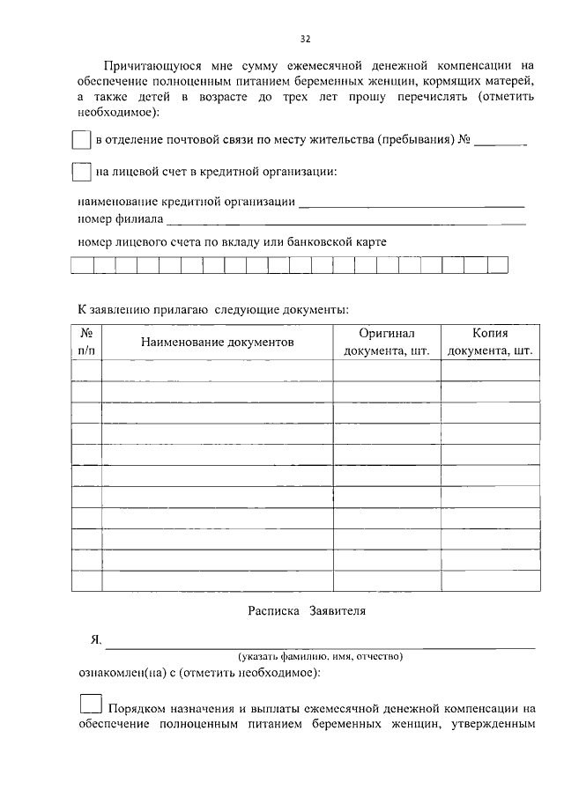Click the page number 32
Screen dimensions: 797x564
tap(305, 39)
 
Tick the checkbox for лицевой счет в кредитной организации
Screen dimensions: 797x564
tap(80, 171)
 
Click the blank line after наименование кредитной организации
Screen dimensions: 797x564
tap(412, 204)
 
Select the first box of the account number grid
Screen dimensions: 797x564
tap(82, 264)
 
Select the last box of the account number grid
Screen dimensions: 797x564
tap(498, 264)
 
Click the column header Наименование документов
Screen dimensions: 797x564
tap(217, 342)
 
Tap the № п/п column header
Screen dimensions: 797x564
tap(86, 342)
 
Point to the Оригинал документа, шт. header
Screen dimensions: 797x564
tap(386, 342)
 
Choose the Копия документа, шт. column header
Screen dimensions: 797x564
tap(490, 342)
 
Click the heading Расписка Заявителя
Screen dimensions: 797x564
tap(305, 610)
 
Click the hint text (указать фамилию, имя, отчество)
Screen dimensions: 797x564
tap(320, 656)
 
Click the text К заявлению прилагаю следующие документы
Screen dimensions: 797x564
tap(212, 309)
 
